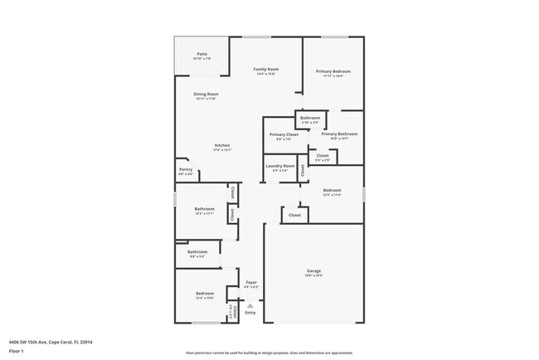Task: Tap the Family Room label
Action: pos(265,69)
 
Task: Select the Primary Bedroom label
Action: pos(333,71)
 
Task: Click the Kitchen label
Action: pos(222,146)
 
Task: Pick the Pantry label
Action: pos(186,169)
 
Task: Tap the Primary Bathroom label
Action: pos(339,134)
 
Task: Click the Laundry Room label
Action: pos(280,166)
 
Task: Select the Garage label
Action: pos(313,271)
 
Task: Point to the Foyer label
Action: pos(251,283)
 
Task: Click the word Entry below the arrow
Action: pos(250,313)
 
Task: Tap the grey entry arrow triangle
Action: pos(250,304)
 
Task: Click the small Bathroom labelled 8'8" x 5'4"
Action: pos(197,252)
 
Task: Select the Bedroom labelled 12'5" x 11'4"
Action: pos(332,191)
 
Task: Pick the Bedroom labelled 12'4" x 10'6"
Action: pos(205,294)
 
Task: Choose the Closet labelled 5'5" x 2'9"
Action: pos(323,155)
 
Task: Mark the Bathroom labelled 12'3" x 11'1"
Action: pos(204,209)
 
